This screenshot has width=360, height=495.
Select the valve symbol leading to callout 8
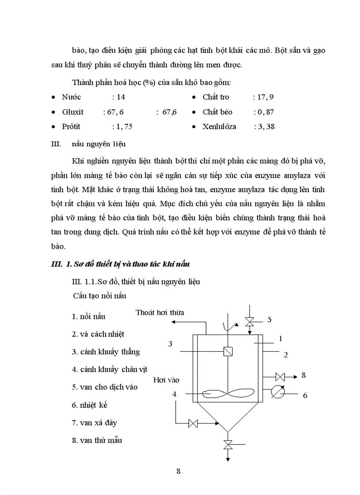(x=279, y=376)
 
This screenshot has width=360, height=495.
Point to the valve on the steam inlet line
(x=193, y=424)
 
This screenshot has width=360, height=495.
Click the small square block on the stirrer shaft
(x=228, y=351)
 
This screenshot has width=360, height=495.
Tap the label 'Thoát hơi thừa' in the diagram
(x=160, y=313)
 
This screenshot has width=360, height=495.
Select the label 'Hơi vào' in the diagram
(x=166, y=380)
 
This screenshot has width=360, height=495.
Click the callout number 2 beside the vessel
(x=285, y=354)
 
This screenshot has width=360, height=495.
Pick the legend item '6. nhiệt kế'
(x=90, y=405)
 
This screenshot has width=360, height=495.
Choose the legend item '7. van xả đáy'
(x=94, y=422)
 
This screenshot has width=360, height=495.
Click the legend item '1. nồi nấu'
(x=89, y=316)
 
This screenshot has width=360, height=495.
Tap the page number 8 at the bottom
(x=178, y=471)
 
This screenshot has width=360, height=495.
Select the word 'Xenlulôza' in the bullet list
(x=219, y=127)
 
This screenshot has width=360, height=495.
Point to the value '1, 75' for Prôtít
(x=122, y=127)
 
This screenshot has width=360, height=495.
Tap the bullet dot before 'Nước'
(x=53, y=97)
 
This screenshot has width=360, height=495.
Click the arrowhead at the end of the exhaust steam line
(x=173, y=322)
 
